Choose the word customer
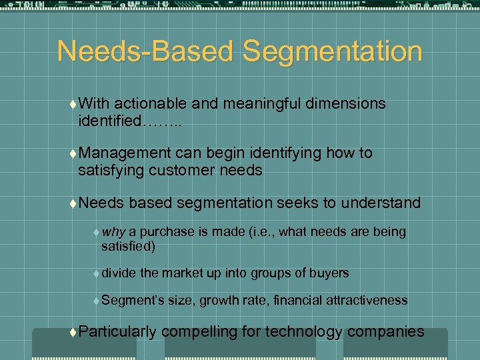click(188, 171)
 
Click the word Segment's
click(133, 301)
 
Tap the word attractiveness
click(366, 301)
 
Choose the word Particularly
click(117, 331)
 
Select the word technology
click(303, 331)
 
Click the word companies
click(386, 331)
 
